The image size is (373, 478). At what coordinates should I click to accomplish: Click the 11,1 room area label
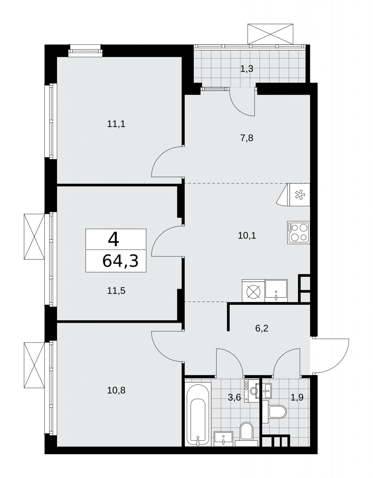point(116,124)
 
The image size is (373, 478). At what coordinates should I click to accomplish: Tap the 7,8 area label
point(247,138)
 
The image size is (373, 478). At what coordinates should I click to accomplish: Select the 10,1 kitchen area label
point(247,236)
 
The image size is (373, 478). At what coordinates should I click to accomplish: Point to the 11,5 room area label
point(116,291)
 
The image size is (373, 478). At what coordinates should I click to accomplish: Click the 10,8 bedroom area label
point(116,390)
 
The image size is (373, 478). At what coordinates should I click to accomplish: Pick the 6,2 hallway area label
point(262,328)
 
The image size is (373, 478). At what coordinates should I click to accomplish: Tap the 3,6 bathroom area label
point(234,398)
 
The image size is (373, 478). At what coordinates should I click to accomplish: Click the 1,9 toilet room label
point(297,398)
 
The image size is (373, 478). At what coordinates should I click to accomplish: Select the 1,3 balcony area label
point(247,69)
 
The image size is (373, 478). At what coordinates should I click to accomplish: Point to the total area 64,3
point(120,261)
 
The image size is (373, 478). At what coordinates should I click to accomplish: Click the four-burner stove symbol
point(298,232)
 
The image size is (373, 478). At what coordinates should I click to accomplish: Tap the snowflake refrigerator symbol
point(300,195)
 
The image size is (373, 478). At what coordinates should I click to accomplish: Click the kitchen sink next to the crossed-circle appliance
point(276,291)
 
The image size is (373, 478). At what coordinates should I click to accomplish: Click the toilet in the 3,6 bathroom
point(246,434)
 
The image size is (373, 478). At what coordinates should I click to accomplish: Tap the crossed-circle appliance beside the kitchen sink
point(254,291)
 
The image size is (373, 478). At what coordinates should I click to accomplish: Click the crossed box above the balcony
point(270,34)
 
